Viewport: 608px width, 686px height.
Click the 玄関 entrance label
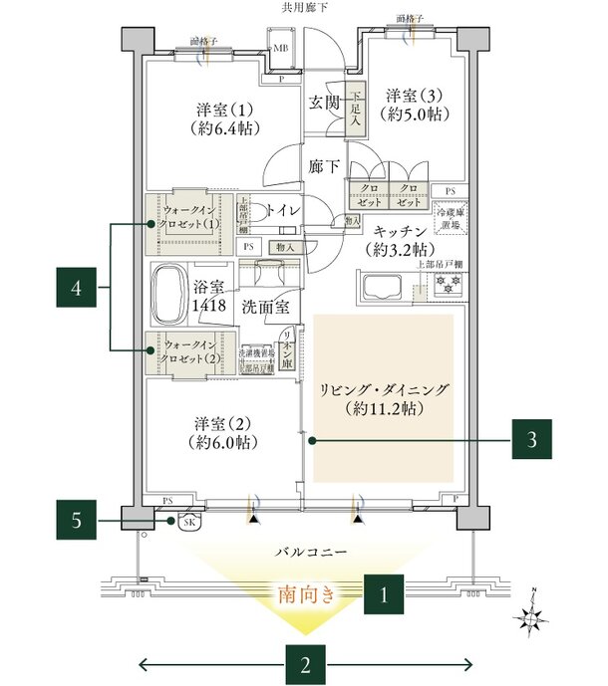pos(324,103)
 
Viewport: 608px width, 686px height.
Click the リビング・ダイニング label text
pos(384,398)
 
